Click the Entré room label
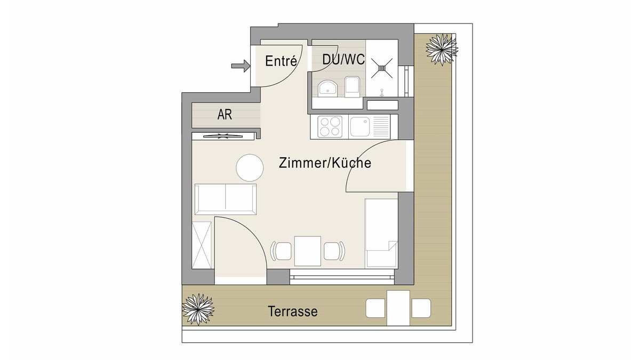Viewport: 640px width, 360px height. [x=281, y=61]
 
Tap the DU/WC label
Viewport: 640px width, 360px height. [x=343, y=59]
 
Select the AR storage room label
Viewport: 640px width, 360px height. [x=225, y=115]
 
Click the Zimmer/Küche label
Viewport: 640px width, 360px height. [x=325, y=163]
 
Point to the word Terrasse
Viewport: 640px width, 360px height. [x=293, y=311]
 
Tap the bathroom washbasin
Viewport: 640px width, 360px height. [x=328, y=87]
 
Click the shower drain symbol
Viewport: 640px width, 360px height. [x=382, y=68]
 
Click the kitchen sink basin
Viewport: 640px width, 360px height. [x=360, y=126]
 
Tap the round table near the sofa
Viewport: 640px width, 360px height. [x=250, y=167]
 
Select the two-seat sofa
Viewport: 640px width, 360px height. [x=226, y=199]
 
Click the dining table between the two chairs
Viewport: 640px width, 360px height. [x=307, y=251]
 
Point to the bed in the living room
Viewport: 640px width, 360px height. [x=381, y=234]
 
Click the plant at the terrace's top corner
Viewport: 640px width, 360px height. [x=442, y=50]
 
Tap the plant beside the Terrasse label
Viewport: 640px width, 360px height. [x=198, y=309]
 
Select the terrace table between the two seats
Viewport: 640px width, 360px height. [x=398, y=308]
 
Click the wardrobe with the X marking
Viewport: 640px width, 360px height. [x=202, y=245]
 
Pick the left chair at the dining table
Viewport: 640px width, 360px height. [x=281, y=251]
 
